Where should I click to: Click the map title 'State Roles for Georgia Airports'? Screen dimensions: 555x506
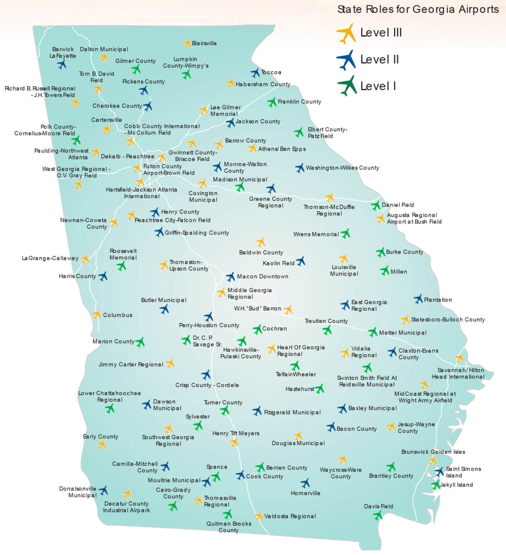(x=418, y=9)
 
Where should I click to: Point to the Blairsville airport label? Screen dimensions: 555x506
(x=204, y=43)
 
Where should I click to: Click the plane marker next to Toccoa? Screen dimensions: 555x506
(x=256, y=73)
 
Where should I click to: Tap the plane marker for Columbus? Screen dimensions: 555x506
(x=97, y=314)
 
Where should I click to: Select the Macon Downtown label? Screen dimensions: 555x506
(x=262, y=276)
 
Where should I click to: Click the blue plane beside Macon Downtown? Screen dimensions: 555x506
(x=230, y=277)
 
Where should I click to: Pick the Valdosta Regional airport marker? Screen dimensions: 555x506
(x=258, y=516)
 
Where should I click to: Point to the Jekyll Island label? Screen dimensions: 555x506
(x=456, y=485)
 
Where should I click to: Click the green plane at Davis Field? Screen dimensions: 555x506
(x=378, y=515)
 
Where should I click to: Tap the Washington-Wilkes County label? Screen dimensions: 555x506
(x=342, y=168)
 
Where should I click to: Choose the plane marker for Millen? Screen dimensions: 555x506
(x=385, y=271)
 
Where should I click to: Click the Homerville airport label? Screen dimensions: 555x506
(x=305, y=493)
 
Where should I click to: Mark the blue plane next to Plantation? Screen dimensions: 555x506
(x=418, y=299)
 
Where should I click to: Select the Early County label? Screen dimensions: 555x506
(x=100, y=436)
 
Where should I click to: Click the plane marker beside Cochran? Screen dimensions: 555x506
(x=257, y=329)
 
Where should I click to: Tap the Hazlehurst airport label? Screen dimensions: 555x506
(x=300, y=389)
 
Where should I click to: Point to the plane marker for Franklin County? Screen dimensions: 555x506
(x=272, y=102)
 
